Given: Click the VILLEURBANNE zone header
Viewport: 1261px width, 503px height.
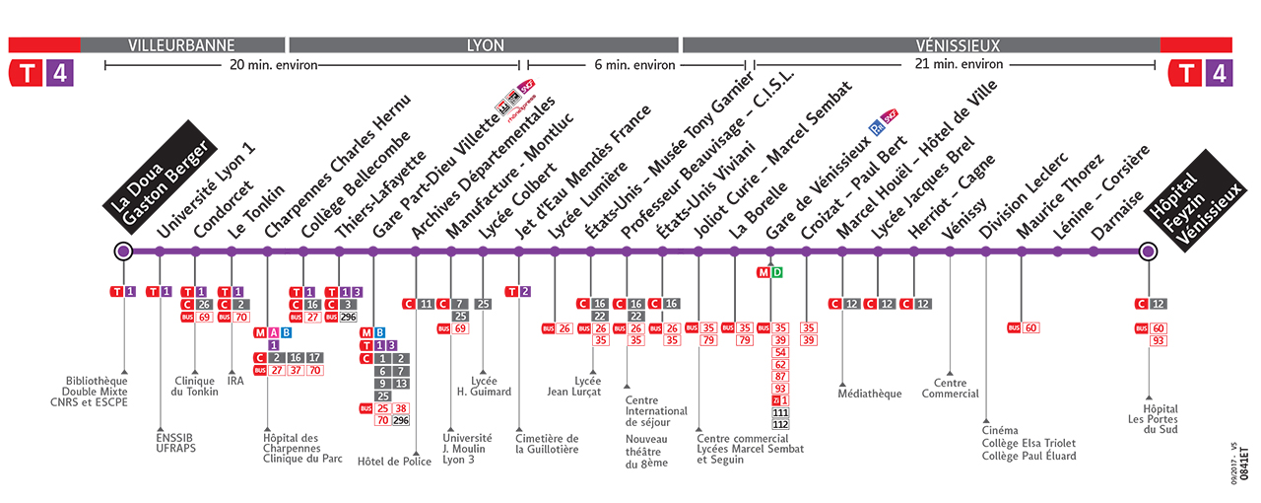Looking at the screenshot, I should [182, 45].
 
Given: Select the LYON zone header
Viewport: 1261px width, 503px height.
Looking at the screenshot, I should [484, 45].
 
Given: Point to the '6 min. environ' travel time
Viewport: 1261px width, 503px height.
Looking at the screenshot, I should [634, 65].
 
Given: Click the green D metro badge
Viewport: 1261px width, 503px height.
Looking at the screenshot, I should [777, 272].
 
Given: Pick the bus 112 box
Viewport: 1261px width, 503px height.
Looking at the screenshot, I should [780, 424].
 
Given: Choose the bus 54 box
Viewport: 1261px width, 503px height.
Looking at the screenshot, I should [780, 352].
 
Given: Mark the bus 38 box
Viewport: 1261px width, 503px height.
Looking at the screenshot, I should [400, 407].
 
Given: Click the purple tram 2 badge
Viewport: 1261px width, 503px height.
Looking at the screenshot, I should [526, 291].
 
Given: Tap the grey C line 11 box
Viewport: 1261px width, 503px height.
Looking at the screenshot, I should [427, 303].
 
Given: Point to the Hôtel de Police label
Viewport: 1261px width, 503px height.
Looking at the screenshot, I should [394, 462].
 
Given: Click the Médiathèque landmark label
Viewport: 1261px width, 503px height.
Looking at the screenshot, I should [870, 395].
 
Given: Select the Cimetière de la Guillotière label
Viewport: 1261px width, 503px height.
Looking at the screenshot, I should [548, 444].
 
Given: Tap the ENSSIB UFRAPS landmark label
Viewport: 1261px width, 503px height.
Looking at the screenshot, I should [177, 444].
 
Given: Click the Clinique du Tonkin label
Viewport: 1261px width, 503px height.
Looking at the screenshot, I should [196, 387].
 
